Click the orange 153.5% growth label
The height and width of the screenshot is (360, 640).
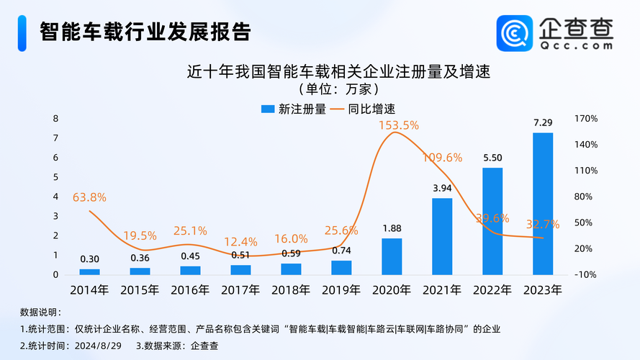pyautogui.click(x=399, y=125)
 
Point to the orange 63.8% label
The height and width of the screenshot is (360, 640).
pyautogui.click(x=89, y=197)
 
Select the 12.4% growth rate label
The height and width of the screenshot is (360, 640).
pyautogui.click(x=240, y=241)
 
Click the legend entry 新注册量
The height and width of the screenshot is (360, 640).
pyautogui.click(x=293, y=109)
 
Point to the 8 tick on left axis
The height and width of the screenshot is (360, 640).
pyautogui.click(x=55, y=119)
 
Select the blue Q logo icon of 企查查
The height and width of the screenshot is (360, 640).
pyautogui.click(x=515, y=33)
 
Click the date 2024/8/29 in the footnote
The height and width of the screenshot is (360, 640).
pyautogui.click(x=94, y=345)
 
